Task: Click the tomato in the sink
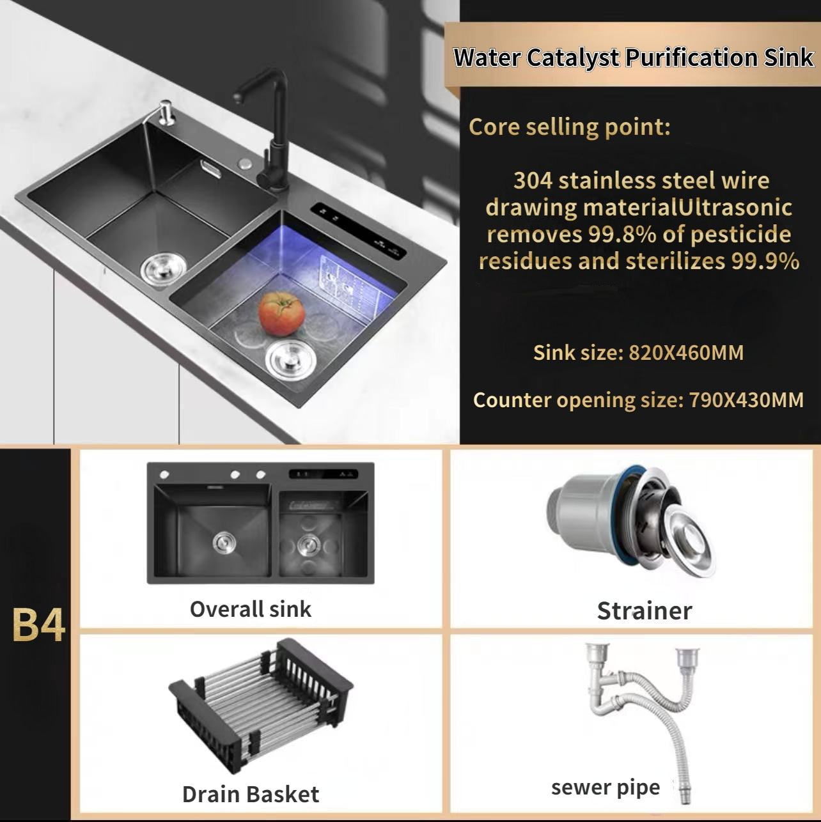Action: (281, 314)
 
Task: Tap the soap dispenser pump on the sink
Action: (166, 112)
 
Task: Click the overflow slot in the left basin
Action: (210, 169)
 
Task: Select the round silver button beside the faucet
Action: (245, 164)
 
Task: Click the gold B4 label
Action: (39, 624)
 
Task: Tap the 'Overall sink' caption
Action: (251, 609)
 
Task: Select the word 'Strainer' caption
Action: (645, 611)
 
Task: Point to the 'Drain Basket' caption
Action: (251, 794)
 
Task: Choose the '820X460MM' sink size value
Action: (686, 353)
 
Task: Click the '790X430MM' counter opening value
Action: (746, 400)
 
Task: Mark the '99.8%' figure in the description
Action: (622, 234)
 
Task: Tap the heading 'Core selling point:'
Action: (569, 127)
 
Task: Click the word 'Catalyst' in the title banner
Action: (573, 58)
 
